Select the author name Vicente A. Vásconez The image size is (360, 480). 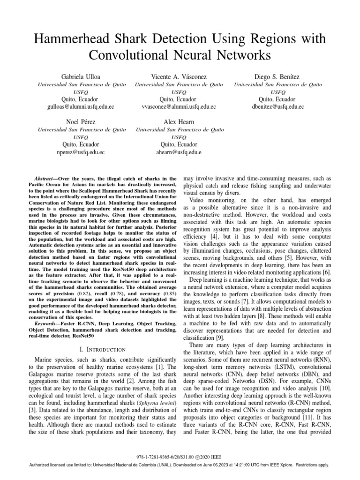(x=179, y=76)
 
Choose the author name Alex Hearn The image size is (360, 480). (x=179, y=122)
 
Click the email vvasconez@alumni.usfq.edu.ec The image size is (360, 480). (x=179, y=107)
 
